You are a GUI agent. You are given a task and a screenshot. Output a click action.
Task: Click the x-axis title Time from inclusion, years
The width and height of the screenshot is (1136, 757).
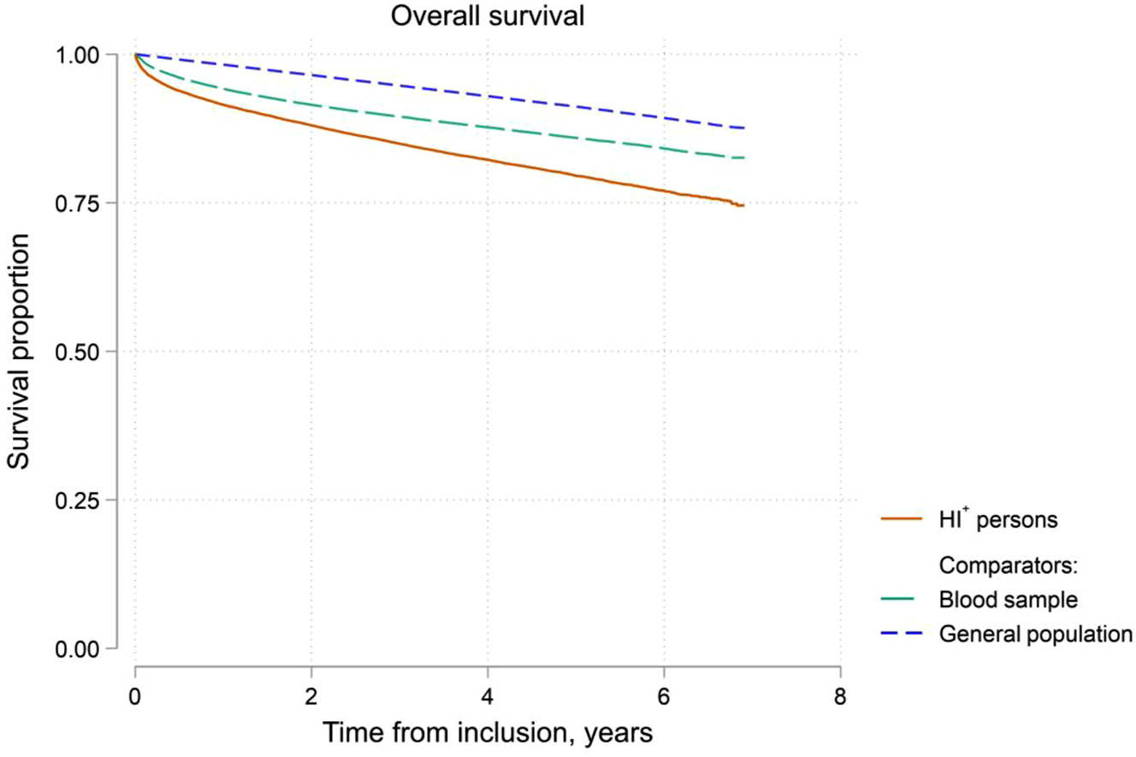[x=487, y=732]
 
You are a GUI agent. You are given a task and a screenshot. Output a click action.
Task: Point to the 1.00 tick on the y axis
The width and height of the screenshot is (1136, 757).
[x=84, y=54]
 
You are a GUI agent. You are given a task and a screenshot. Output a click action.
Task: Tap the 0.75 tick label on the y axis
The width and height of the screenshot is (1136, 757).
[x=84, y=203]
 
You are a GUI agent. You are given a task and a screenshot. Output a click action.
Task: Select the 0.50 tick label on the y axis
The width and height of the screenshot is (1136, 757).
[x=84, y=352]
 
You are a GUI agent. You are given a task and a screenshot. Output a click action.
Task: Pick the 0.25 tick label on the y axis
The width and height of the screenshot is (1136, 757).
[x=84, y=500]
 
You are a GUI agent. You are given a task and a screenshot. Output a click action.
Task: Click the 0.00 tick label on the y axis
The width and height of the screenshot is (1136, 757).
[x=84, y=648]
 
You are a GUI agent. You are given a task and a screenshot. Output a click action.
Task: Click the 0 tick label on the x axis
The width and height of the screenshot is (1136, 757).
[x=135, y=694]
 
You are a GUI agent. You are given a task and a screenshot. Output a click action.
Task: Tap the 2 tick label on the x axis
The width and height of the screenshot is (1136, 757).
[x=311, y=694]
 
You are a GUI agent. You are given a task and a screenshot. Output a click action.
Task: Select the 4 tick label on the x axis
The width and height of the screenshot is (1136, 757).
[x=488, y=694]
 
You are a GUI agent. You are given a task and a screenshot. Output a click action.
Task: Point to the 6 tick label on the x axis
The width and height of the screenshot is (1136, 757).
[x=664, y=694]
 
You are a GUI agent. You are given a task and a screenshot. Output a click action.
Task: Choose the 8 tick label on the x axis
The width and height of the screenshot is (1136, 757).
[x=840, y=694]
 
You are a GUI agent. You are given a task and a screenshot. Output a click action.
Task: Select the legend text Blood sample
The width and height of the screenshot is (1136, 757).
[x=1007, y=600]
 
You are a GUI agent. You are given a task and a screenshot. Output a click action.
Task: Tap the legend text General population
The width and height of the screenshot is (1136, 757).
[x=1035, y=634]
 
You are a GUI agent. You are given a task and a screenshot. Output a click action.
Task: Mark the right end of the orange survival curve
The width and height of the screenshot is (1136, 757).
[x=744, y=205]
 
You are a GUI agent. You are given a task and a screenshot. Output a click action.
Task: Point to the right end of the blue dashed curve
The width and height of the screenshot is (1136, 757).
[x=744, y=127]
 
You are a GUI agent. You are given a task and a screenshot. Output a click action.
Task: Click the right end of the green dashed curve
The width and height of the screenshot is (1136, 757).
[x=744, y=157]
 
